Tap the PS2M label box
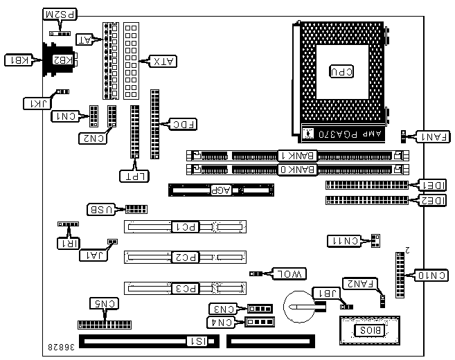pos(61,15)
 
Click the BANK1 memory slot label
pos(296,156)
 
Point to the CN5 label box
pos(104,303)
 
